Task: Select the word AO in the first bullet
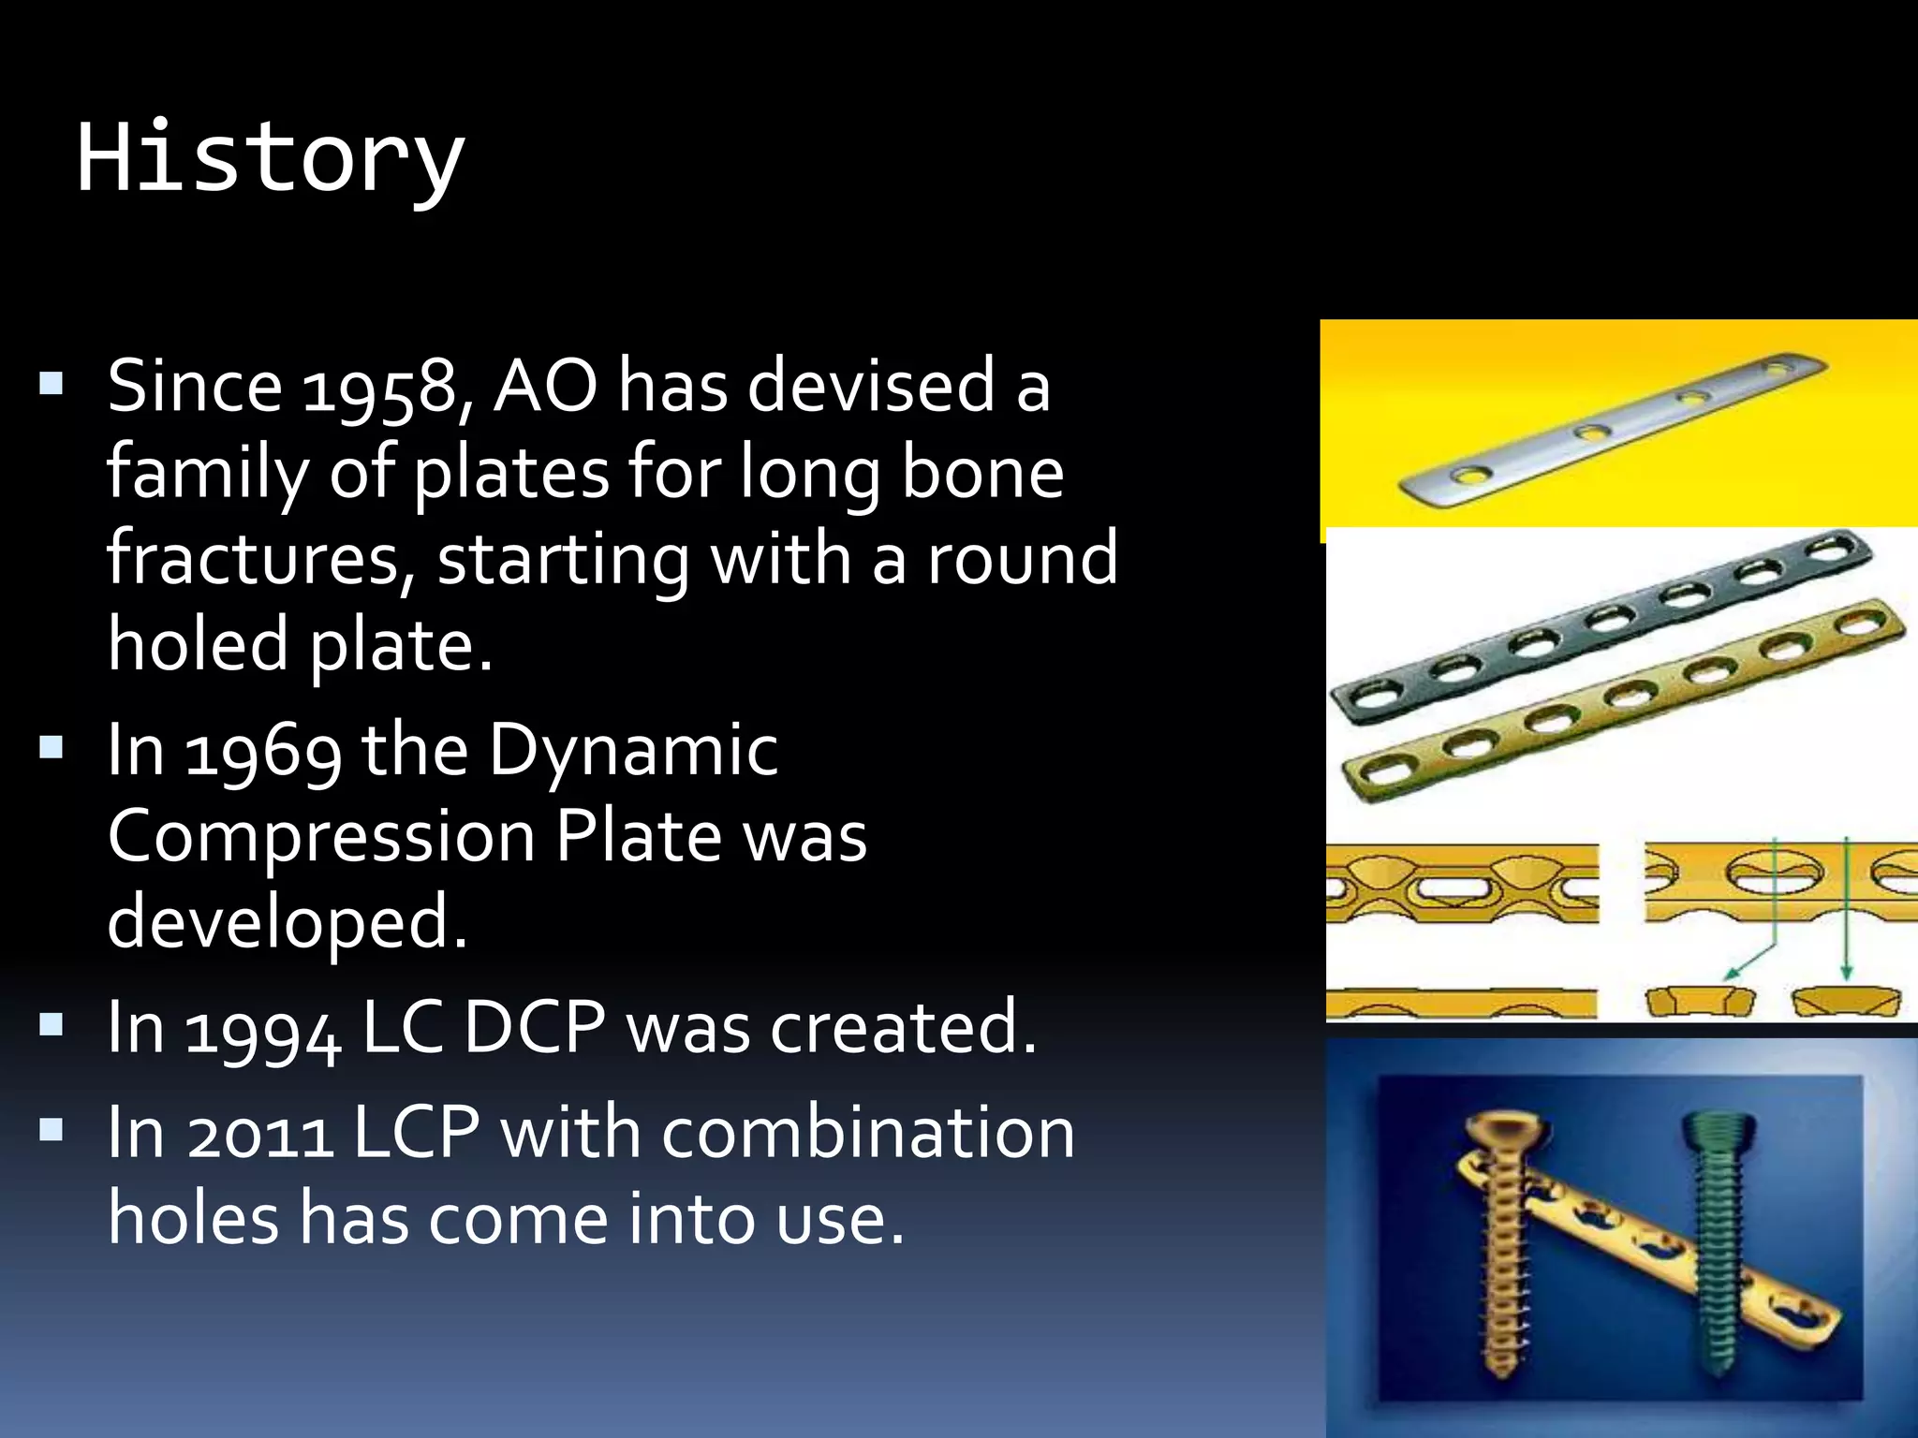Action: [x=545, y=387]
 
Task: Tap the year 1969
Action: [x=263, y=751]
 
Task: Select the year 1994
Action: [x=263, y=1029]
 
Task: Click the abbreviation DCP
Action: [x=535, y=1029]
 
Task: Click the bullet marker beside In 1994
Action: [x=52, y=1025]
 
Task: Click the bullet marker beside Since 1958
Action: [x=52, y=383]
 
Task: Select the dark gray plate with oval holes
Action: [x=1592, y=625]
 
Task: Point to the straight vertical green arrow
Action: [x=1845, y=908]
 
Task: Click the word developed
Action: [x=287, y=922]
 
